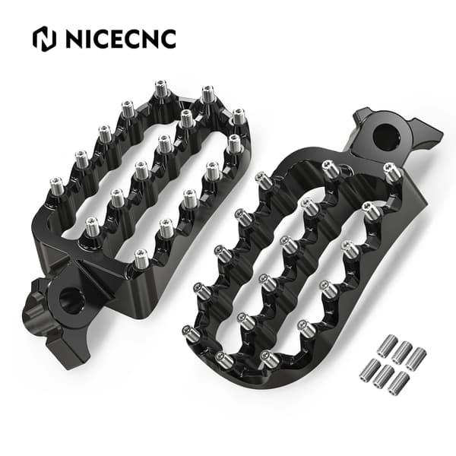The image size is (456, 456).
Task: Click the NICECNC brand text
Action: [x=121, y=39]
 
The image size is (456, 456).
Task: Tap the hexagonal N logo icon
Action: [x=45, y=39]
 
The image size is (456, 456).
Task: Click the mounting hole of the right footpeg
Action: [x=386, y=136]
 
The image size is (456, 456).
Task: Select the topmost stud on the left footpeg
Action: [x=160, y=89]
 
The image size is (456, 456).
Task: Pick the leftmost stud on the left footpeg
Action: [x=57, y=187]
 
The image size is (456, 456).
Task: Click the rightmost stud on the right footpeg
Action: [x=393, y=172]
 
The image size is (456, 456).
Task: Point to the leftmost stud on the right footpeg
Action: [x=190, y=334]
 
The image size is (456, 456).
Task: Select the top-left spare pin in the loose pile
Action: [x=387, y=345]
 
